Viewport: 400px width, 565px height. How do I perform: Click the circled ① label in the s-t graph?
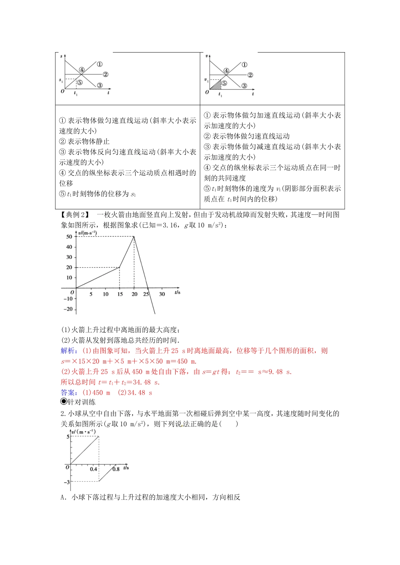(99, 64)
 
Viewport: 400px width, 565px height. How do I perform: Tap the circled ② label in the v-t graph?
(250, 75)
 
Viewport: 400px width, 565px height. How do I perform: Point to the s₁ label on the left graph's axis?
(61, 79)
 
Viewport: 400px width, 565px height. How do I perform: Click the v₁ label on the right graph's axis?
(206, 79)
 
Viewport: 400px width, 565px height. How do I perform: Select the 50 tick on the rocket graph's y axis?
(69, 237)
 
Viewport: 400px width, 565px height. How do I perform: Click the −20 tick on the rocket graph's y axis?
(68, 309)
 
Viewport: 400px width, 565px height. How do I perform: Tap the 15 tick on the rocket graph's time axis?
(120, 294)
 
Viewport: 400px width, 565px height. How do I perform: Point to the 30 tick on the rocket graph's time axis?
(162, 294)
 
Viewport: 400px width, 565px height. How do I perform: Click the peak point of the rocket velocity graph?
(134, 237)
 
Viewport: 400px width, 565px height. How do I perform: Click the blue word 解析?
(68, 351)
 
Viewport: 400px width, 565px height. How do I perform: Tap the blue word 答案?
(68, 392)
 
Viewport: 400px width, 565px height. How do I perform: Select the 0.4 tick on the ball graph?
(93, 469)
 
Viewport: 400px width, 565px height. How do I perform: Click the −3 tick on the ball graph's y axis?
(67, 482)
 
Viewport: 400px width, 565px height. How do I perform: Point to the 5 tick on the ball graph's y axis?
(68, 436)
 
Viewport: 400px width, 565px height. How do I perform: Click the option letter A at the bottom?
(63, 497)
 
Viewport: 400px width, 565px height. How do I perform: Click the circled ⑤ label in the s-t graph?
(80, 82)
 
